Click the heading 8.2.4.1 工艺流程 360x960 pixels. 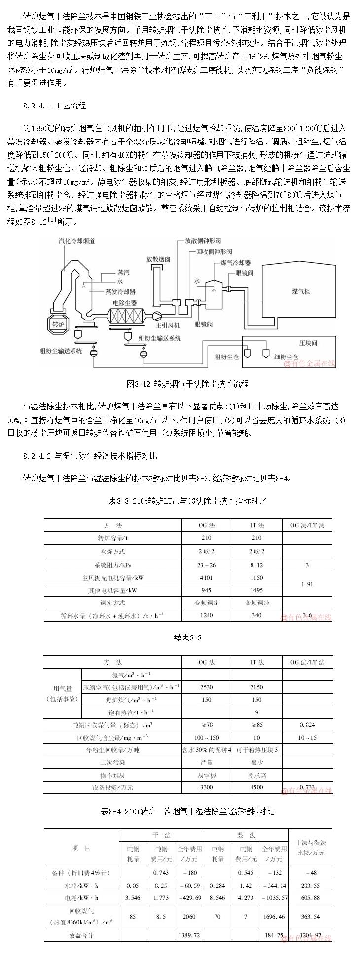coord(54,106)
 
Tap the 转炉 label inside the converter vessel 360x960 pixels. coord(58,324)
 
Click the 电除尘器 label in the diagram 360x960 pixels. coord(125,303)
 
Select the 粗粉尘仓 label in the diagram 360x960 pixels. coord(226,356)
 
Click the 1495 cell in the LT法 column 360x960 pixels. coord(256,590)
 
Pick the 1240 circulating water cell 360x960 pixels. coord(206,615)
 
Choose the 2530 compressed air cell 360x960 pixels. coord(206,687)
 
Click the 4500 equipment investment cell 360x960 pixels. coord(256,787)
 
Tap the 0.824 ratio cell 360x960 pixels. coord(307,725)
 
